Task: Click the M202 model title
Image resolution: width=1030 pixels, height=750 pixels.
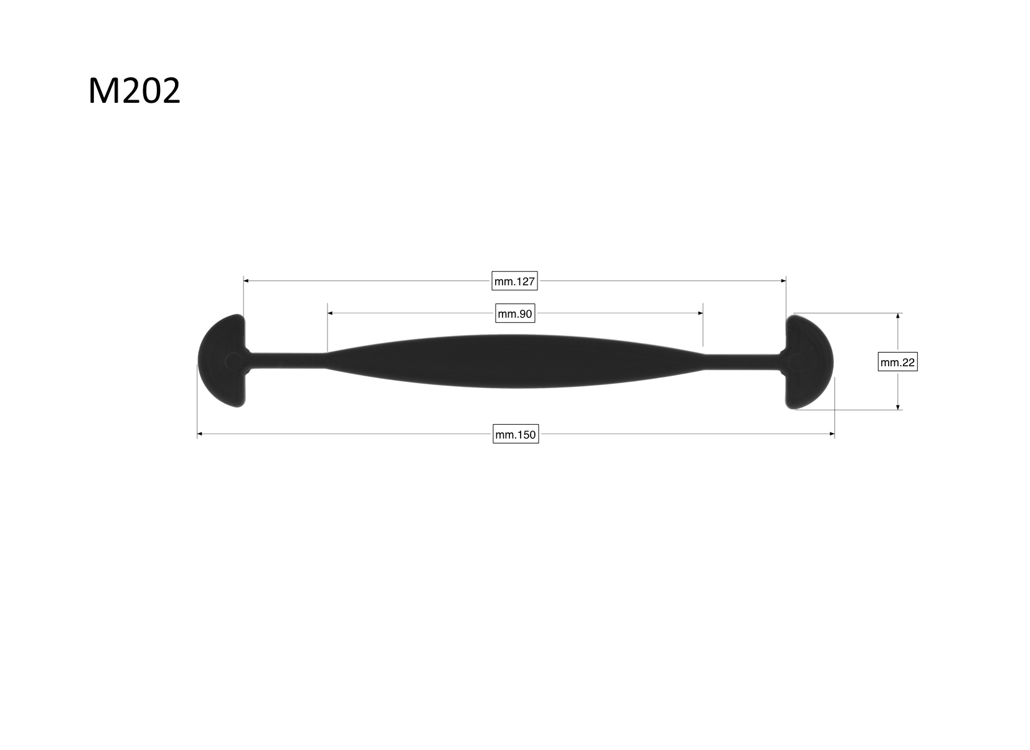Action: click(x=135, y=91)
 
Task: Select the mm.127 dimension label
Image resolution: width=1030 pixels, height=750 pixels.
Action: click(x=514, y=281)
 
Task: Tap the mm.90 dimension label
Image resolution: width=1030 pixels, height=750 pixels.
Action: click(x=515, y=313)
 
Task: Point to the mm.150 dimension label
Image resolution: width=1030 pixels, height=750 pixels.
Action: click(x=516, y=434)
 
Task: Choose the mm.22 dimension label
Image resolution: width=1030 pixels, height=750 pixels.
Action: click(x=897, y=362)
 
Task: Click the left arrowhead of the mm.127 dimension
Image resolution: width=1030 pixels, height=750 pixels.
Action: click(x=246, y=280)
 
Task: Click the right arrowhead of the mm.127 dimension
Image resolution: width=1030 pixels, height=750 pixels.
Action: click(x=783, y=280)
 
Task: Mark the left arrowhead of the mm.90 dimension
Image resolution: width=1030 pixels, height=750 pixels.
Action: click(x=330, y=313)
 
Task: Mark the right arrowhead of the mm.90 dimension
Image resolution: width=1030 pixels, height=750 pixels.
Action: click(x=701, y=313)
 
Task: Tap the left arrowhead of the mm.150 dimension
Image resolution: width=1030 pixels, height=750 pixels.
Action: click(x=199, y=434)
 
